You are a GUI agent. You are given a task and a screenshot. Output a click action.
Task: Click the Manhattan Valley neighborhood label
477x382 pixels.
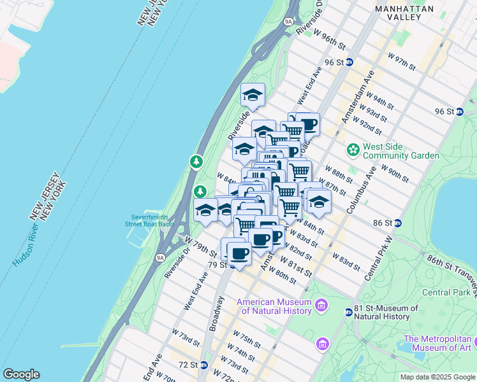[x=404, y=13]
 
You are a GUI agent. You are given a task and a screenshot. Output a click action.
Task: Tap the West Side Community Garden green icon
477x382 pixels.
[x=353, y=150]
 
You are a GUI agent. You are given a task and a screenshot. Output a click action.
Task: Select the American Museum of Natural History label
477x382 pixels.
[x=275, y=306]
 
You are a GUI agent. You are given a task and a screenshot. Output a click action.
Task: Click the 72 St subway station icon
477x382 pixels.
[x=203, y=365]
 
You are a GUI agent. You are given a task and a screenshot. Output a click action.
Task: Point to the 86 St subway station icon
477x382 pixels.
[x=397, y=223]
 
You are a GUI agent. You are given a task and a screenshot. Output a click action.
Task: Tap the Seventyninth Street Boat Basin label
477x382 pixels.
[x=149, y=220]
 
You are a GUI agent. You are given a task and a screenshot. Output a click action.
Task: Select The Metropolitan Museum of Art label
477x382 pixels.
[x=437, y=343]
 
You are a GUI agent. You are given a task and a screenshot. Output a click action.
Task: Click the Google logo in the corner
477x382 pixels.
[x=21, y=374]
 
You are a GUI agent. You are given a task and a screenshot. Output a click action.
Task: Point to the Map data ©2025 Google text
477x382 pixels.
[x=437, y=377]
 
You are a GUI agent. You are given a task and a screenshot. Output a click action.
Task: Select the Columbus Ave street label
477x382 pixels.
[x=361, y=192]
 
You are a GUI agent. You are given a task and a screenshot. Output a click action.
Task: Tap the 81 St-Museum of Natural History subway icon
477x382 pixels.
[x=348, y=313]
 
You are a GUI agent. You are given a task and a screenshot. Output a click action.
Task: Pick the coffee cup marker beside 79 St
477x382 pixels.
[x=239, y=253]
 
